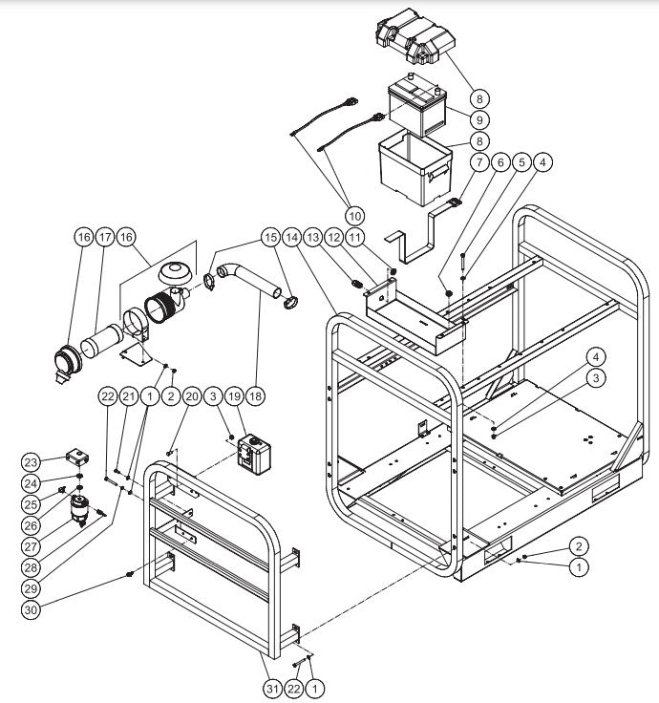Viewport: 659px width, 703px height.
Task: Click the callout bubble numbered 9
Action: click(x=478, y=121)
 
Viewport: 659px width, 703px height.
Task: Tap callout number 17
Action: click(x=106, y=236)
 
